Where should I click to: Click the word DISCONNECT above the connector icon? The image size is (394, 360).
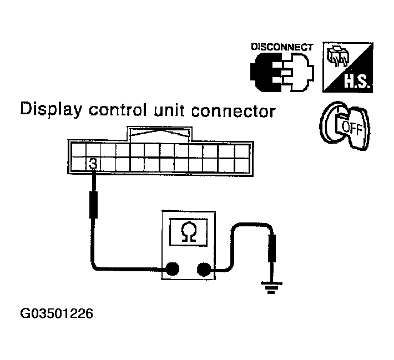coord(282,47)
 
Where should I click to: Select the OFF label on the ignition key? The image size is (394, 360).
coord(351,128)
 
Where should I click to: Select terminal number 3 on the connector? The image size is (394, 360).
coord(94,164)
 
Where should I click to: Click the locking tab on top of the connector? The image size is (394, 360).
coord(159,134)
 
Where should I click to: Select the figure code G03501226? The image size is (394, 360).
coord(56,313)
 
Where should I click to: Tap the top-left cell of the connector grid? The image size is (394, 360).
coord(79,151)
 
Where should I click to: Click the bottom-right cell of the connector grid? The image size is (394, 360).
coord(242,165)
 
